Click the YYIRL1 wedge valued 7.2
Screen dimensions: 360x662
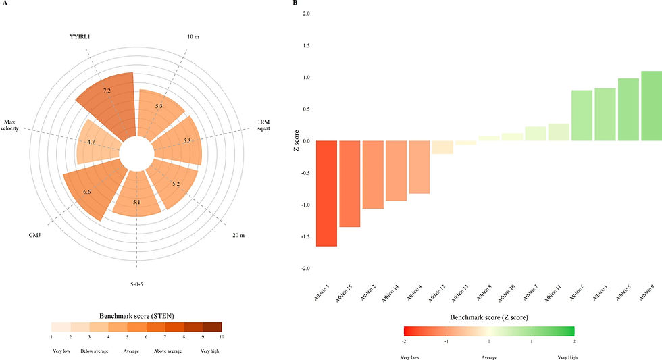point(108,101)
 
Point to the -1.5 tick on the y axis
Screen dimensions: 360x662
point(306,237)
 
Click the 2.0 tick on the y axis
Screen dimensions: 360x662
point(307,14)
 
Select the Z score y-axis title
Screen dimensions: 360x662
point(295,141)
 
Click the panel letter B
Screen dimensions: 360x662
point(295,3)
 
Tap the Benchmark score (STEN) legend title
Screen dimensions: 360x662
point(136,315)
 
